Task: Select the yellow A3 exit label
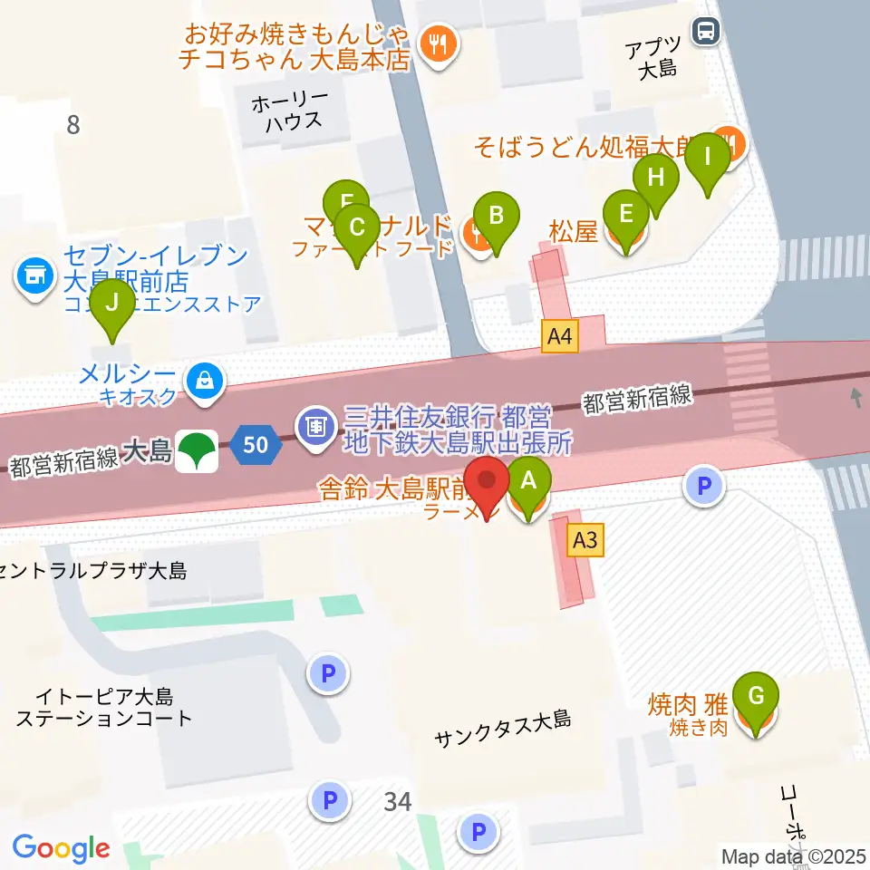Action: pos(585,541)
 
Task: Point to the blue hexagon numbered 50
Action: pos(256,445)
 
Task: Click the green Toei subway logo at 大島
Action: pos(197,450)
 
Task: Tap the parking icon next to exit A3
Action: pos(705,485)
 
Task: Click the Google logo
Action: pos(61,848)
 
